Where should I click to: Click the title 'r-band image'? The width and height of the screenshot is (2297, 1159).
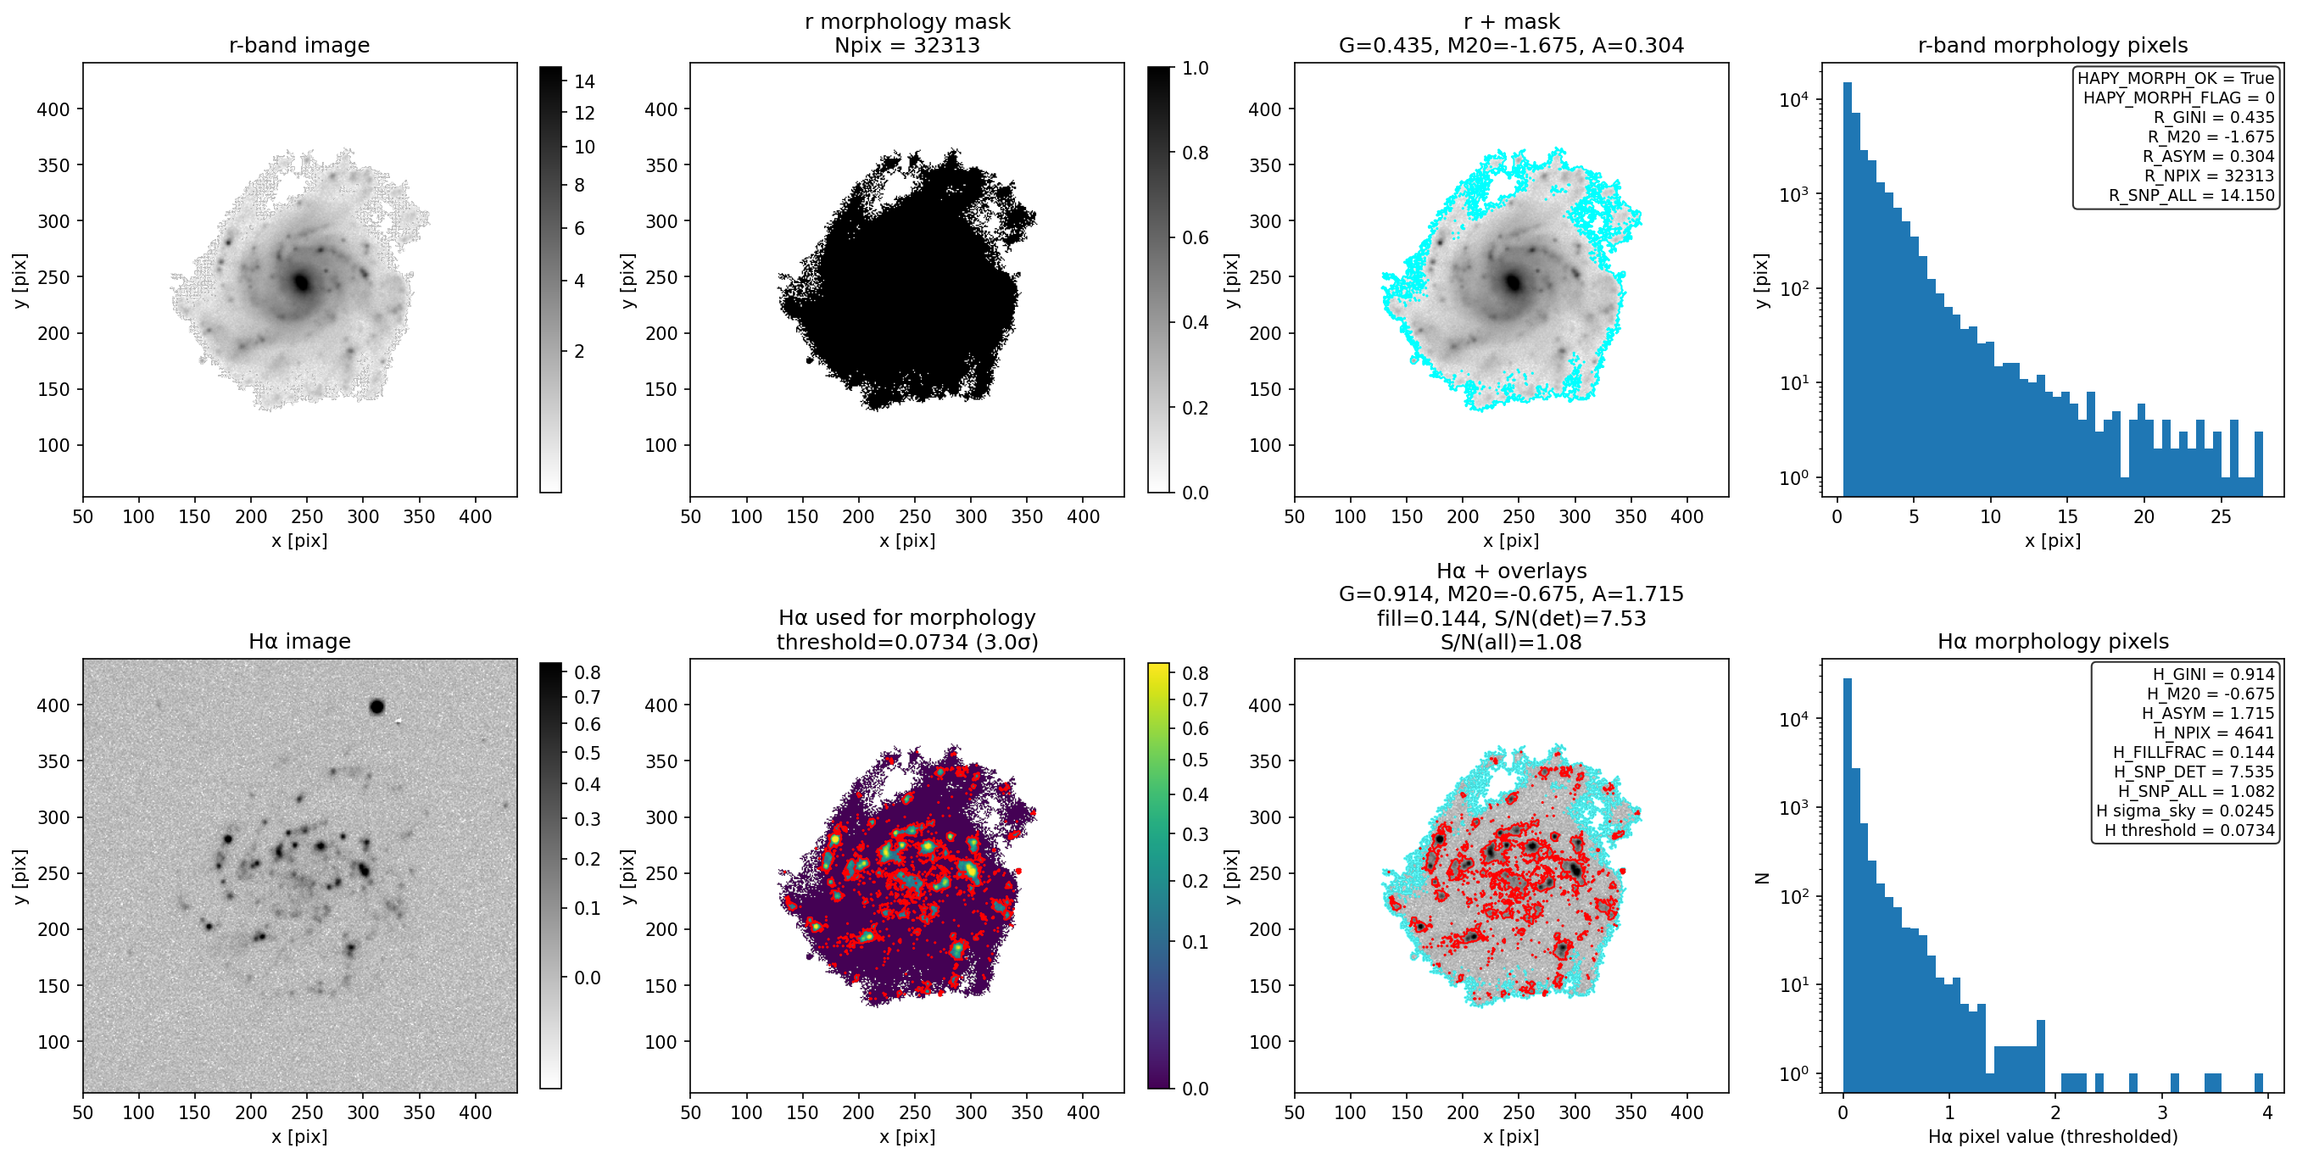(298, 46)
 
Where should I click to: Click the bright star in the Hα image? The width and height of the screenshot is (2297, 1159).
(376, 707)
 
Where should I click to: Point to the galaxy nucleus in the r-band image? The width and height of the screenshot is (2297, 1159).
(300, 282)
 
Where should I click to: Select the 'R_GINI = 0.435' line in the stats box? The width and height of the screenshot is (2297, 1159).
(2213, 118)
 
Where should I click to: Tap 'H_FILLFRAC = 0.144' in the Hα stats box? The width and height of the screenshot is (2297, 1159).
(2194, 752)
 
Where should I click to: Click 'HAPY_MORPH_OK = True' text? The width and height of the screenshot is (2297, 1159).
(2176, 79)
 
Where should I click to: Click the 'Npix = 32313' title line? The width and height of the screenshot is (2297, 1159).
(907, 46)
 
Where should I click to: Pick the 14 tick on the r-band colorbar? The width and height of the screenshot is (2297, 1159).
(584, 82)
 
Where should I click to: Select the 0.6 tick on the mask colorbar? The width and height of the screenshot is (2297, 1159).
(1195, 238)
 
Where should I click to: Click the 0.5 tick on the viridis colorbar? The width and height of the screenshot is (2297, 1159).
(1195, 760)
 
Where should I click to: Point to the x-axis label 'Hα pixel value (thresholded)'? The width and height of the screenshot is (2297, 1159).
(2053, 1137)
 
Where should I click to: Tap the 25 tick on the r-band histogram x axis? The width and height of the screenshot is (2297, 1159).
(2221, 516)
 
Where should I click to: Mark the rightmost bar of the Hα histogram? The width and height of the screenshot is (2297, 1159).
(2259, 1083)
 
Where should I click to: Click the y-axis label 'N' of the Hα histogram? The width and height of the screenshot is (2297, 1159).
(1761, 878)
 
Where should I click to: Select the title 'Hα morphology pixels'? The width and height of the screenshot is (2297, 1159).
(2053, 642)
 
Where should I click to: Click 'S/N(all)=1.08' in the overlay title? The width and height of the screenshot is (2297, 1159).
(1510, 642)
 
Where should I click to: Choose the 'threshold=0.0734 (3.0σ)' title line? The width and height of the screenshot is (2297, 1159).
(907, 642)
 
